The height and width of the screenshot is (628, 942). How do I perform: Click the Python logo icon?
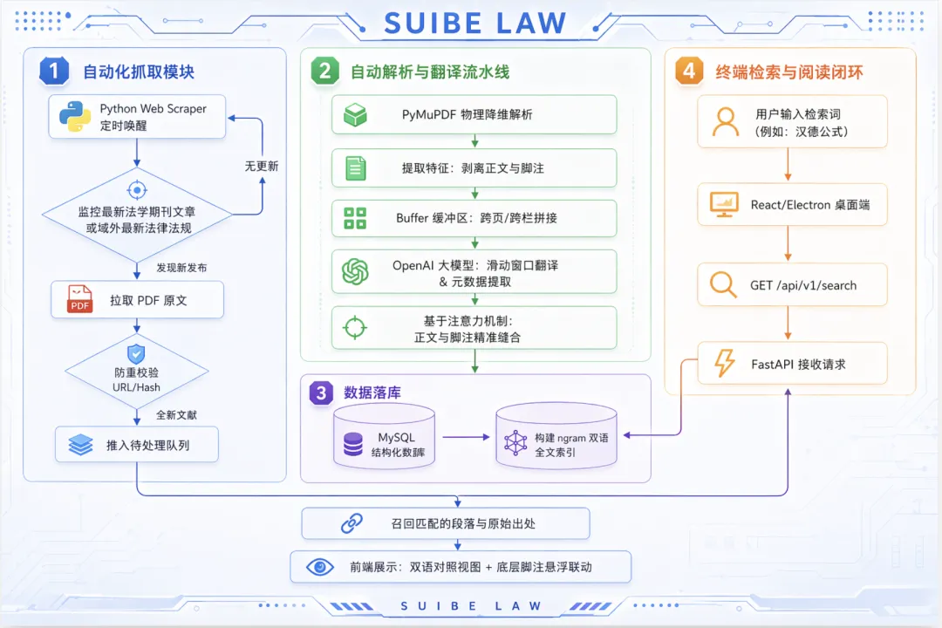pyautogui.click(x=76, y=117)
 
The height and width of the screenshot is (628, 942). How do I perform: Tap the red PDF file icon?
pyautogui.click(x=80, y=300)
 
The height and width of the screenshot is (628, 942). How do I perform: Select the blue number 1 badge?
pyautogui.click(x=54, y=72)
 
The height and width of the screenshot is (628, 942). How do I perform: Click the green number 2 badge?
pyautogui.click(x=324, y=72)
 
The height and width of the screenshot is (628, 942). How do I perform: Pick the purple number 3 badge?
pyautogui.click(x=322, y=393)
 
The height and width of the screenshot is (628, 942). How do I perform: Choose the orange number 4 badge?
pyautogui.click(x=689, y=72)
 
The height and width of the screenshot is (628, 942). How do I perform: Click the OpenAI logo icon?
pyautogui.click(x=355, y=271)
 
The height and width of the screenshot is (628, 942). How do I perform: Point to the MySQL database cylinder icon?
pyautogui.click(x=353, y=444)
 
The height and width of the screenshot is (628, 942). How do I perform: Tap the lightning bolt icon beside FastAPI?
pyautogui.click(x=724, y=364)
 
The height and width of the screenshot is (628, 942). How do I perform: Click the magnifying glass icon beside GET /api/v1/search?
pyautogui.click(x=723, y=284)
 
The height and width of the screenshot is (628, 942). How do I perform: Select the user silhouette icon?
pyautogui.click(x=725, y=122)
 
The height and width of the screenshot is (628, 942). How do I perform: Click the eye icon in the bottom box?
pyautogui.click(x=320, y=567)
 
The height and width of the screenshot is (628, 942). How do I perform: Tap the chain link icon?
pyautogui.click(x=352, y=523)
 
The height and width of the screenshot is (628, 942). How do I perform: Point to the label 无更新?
pyautogui.click(x=262, y=166)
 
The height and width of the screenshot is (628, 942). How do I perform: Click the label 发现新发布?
pyautogui.click(x=181, y=268)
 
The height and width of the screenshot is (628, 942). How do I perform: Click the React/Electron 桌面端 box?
pyautogui.click(x=792, y=205)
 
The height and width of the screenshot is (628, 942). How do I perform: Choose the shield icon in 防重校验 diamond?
pyautogui.click(x=136, y=353)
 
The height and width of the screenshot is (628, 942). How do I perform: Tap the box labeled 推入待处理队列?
pyautogui.click(x=137, y=445)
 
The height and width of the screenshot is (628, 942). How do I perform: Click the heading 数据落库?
pyautogui.click(x=372, y=393)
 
